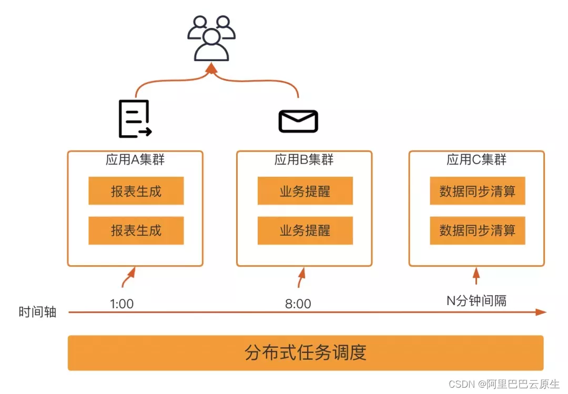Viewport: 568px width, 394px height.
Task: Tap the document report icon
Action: [x=135, y=119]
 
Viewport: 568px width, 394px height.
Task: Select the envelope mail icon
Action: [x=298, y=121]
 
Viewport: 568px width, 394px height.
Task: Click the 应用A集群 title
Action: [x=135, y=159]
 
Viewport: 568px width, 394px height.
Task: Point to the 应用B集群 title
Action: [x=304, y=159]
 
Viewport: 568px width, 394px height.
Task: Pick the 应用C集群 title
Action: [x=476, y=159]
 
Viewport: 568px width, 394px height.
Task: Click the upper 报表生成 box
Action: [x=136, y=191]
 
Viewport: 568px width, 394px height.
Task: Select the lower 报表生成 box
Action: [x=136, y=230]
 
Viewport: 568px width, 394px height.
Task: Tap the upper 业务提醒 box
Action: [x=305, y=191]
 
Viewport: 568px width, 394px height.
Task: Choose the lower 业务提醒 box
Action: [x=305, y=230]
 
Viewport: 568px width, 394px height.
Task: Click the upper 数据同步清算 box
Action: [x=478, y=191]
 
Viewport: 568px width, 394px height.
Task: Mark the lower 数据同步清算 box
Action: [x=478, y=230]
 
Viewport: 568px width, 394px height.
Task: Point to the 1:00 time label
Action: [x=121, y=304]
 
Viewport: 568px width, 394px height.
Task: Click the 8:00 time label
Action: [x=298, y=304]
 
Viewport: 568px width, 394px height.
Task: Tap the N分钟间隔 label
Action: [x=476, y=300]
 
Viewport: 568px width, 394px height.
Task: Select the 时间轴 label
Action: [x=37, y=312]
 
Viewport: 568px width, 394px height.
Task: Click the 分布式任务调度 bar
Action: [x=306, y=352]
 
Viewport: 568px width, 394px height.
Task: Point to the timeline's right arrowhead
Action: [x=542, y=312]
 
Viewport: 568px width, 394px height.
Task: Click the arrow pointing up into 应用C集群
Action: [x=476, y=276]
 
